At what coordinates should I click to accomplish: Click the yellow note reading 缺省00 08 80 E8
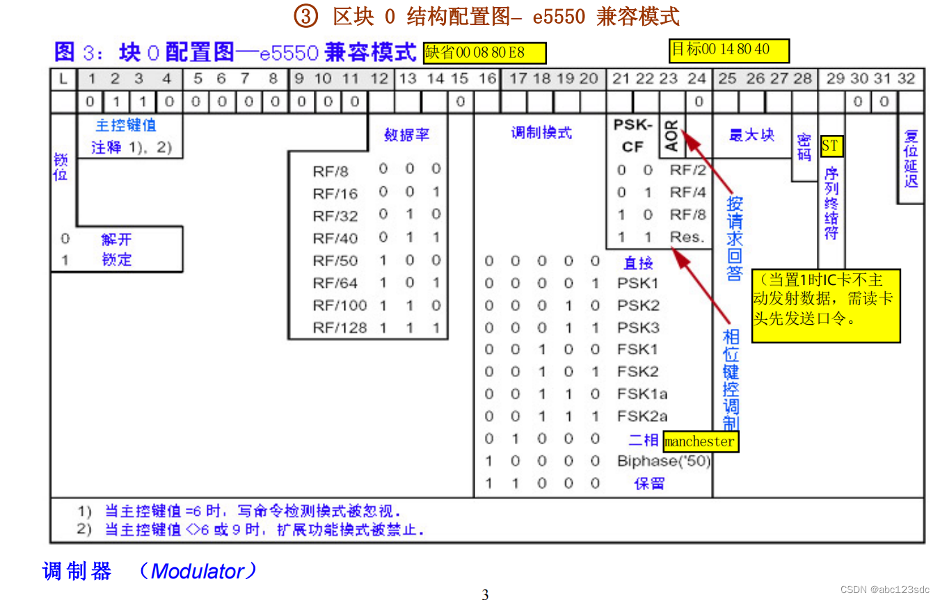tap(485, 53)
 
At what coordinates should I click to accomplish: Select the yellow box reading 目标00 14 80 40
tap(729, 50)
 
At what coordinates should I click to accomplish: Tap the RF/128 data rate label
tap(340, 327)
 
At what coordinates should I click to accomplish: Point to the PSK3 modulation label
tap(637, 327)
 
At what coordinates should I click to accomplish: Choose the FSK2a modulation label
tap(642, 416)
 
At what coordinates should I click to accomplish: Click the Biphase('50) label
tap(663, 461)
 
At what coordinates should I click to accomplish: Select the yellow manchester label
tap(699, 441)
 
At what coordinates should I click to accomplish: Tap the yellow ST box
tap(831, 146)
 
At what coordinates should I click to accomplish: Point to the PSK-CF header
tap(632, 136)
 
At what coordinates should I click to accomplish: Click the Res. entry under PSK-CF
tap(687, 237)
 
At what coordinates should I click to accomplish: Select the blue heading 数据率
tap(407, 135)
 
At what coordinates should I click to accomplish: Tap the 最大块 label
tap(751, 135)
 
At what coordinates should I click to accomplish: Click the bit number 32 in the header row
tap(906, 79)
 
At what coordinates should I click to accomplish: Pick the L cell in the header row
tap(63, 79)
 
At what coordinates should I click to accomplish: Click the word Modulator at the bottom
tap(198, 571)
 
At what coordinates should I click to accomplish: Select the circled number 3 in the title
tap(305, 16)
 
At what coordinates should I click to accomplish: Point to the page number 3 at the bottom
tap(485, 594)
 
